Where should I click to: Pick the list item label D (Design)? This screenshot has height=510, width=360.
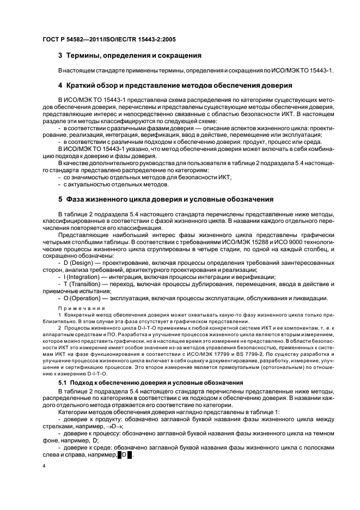click(80, 263)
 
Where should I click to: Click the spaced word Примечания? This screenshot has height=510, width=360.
click(79, 308)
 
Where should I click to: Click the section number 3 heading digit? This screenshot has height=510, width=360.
click(60, 55)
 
